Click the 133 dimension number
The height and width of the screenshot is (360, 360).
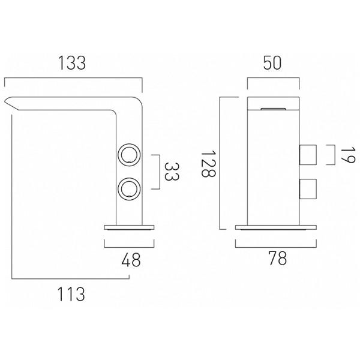[72, 63]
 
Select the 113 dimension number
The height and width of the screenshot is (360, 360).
[71, 294]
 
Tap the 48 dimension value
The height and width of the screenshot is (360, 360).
[131, 260]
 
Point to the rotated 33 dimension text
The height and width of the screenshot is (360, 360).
[172, 172]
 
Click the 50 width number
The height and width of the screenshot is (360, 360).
[272, 63]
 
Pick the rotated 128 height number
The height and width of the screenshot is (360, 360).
[208, 163]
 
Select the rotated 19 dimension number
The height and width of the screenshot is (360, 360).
[347, 155]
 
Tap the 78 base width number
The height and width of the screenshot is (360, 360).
[278, 259]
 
